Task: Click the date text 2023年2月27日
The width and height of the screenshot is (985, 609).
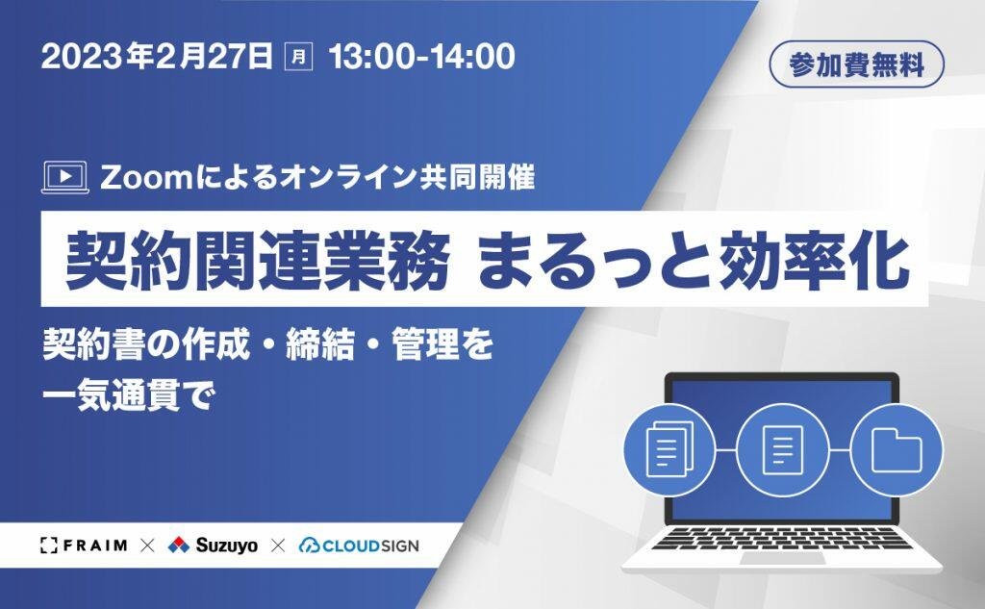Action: point(157,57)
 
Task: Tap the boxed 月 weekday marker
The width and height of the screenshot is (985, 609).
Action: point(299,57)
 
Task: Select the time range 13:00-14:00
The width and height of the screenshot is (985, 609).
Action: point(421,57)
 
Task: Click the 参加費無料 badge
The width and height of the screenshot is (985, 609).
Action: point(857,64)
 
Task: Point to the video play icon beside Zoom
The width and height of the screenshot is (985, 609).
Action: point(64,178)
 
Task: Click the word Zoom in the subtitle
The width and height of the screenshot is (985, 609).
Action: point(145,178)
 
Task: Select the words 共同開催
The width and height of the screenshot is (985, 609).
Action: point(476,177)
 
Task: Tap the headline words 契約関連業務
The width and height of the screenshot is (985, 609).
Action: point(257,260)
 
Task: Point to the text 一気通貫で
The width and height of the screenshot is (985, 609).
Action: point(129,396)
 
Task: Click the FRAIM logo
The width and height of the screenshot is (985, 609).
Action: point(84,546)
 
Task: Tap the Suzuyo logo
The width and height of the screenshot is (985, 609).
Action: point(213,545)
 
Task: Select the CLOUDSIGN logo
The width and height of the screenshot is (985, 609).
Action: point(359,546)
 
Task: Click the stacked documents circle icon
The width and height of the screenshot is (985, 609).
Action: point(669,449)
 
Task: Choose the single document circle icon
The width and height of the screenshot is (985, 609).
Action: point(783,449)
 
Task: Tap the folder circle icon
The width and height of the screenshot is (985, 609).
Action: point(897,449)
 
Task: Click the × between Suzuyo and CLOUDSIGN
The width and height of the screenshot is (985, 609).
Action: point(278,546)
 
